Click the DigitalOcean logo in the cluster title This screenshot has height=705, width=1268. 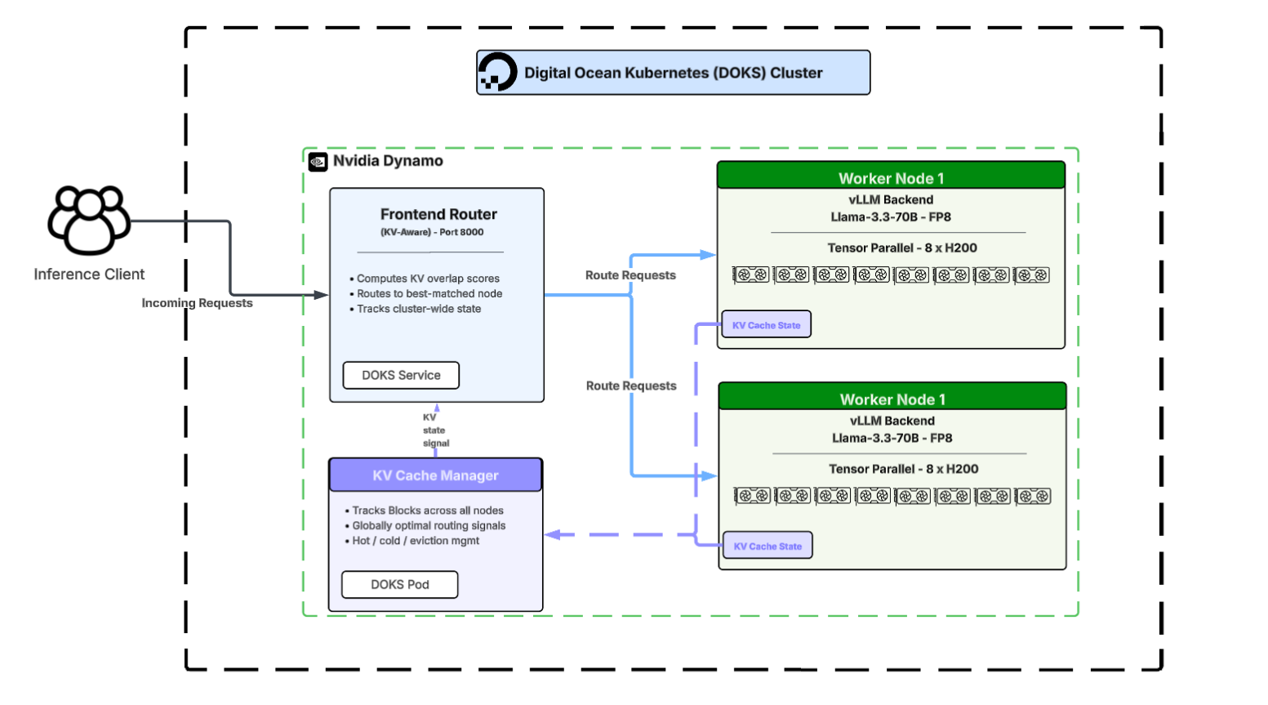coord(497,72)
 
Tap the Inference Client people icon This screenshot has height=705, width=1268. coord(89,220)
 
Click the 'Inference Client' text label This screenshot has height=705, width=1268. coord(89,274)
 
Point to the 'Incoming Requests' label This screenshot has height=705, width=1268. coord(197,303)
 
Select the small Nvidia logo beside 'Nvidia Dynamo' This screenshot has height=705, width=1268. coord(318,162)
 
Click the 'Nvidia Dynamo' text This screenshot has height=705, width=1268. coord(388,161)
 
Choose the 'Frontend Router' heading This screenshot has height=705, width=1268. coord(438,214)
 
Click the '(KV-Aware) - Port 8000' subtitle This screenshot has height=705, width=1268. coord(432,232)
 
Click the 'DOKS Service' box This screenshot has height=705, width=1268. coord(401,375)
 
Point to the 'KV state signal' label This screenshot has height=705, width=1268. coord(434,431)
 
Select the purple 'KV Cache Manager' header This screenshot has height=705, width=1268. coord(435,475)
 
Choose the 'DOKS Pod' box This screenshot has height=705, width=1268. coord(399,585)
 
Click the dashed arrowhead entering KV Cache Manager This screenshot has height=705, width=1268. coord(553,535)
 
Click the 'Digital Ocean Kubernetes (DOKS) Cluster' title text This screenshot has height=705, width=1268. coord(673,73)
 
